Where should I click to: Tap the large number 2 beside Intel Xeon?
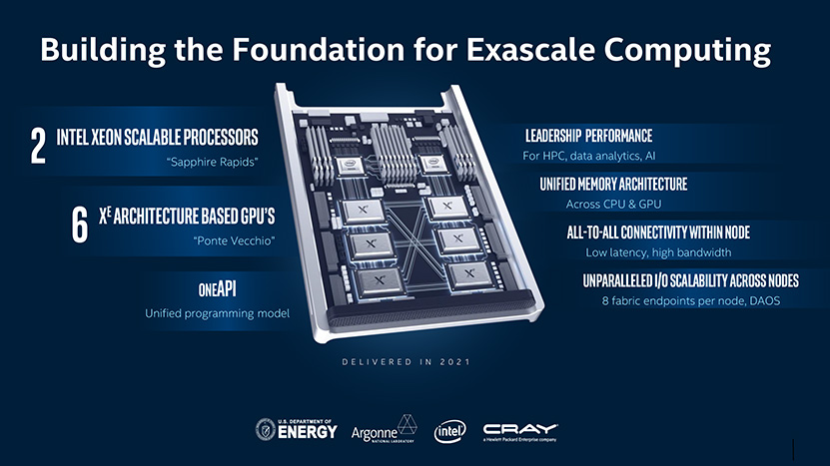[38, 146]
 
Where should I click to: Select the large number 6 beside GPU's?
[80, 225]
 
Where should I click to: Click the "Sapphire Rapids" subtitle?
[213, 162]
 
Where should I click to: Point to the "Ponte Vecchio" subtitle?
[234, 240]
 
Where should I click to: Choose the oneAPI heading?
[218, 288]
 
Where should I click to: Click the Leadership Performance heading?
[588, 136]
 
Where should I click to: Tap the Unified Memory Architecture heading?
[613, 184]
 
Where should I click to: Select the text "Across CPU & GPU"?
[613, 205]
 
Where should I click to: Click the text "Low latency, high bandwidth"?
[658, 252]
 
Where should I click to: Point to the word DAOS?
[765, 301]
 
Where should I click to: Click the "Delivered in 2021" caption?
[406, 362]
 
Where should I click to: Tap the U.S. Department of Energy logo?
[296, 429]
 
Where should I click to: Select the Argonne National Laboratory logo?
[384, 429]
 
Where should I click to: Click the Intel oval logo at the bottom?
[449, 431]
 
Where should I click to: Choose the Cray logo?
[520, 432]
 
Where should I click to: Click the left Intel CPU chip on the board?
[350, 166]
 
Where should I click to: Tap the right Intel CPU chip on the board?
[433, 164]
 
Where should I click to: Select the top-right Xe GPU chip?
[446, 207]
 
